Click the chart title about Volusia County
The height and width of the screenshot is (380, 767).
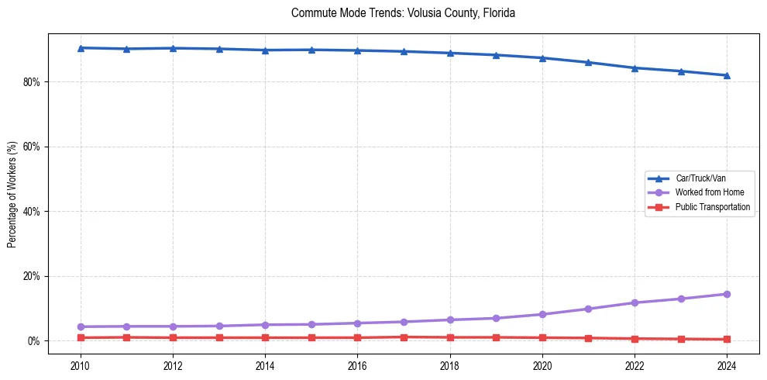pyautogui.click(x=403, y=13)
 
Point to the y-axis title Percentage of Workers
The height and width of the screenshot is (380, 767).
pyautogui.click(x=12, y=194)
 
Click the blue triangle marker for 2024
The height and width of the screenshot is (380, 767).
pyautogui.click(x=727, y=75)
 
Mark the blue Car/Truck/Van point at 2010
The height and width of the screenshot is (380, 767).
pyautogui.click(x=81, y=48)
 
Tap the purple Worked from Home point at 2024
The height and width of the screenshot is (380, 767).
pyautogui.click(x=727, y=294)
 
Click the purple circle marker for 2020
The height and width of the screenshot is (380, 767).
pyautogui.click(x=542, y=314)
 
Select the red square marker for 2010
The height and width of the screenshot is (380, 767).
pyautogui.click(x=81, y=337)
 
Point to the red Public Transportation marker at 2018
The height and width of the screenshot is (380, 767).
pyautogui.click(x=450, y=337)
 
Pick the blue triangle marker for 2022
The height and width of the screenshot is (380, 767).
pyautogui.click(x=635, y=67)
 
